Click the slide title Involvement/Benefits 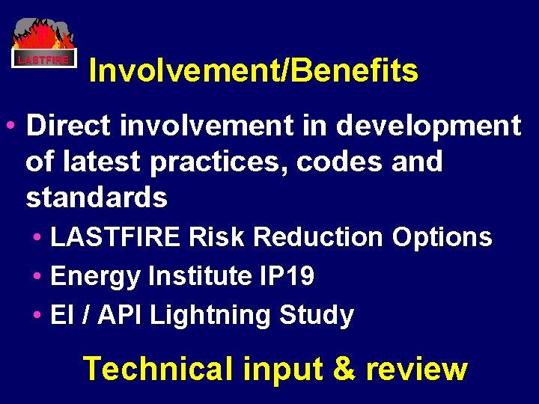(253, 71)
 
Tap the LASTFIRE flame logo (44, 43)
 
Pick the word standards (97, 198)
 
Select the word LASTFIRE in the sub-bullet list (115, 238)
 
